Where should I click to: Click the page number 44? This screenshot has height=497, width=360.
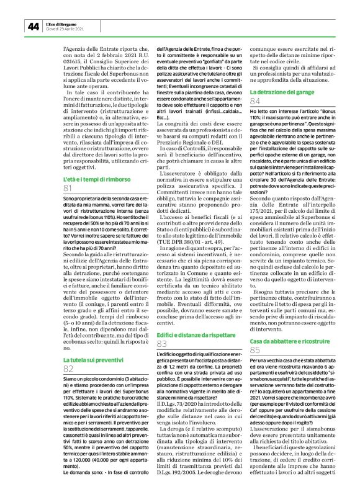pyautogui.click(x=34, y=25)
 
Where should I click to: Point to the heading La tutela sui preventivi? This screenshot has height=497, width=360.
pyautogui.click(x=91, y=359)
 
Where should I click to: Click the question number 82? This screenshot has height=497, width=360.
pyautogui.click(x=69, y=369)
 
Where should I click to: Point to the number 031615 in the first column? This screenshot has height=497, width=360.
pyautogui.click(x=74, y=61)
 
